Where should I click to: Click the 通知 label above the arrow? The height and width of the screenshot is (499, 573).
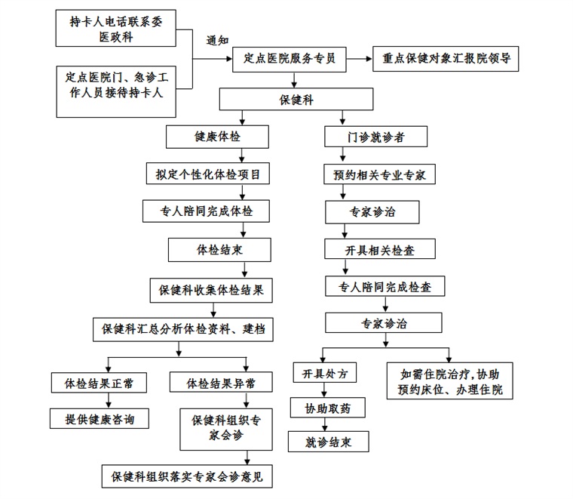[217, 40]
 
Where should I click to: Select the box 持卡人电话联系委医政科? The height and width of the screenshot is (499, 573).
[116, 28]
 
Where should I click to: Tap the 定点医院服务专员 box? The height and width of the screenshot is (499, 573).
[289, 60]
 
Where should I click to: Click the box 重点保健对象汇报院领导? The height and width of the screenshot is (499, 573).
[446, 59]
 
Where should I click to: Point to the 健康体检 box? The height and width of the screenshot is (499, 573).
[217, 137]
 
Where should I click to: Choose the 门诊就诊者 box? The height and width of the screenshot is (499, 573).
[375, 137]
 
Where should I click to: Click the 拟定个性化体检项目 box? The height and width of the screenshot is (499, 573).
[208, 174]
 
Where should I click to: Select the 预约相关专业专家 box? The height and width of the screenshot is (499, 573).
[379, 174]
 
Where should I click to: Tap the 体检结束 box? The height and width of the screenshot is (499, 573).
[219, 250]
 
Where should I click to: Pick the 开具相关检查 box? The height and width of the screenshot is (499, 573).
[380, 249]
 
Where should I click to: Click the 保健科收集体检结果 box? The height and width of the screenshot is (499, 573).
[211, 291]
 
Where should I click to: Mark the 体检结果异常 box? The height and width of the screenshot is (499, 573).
[221, 382]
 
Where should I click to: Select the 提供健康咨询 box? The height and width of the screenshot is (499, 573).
[100, 418]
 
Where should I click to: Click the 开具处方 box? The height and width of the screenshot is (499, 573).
[324, 373]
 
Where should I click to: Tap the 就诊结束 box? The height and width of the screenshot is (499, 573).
[328, 442]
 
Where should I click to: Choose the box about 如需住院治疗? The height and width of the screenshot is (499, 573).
[450, 380]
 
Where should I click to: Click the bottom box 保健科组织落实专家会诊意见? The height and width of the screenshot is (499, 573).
[187, 476]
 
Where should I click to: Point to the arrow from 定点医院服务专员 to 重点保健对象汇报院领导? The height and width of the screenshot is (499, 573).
[359, 59]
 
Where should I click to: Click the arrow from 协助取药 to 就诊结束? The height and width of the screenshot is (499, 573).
[325, 424]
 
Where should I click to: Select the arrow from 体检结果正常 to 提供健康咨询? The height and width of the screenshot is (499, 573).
[109, 401]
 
